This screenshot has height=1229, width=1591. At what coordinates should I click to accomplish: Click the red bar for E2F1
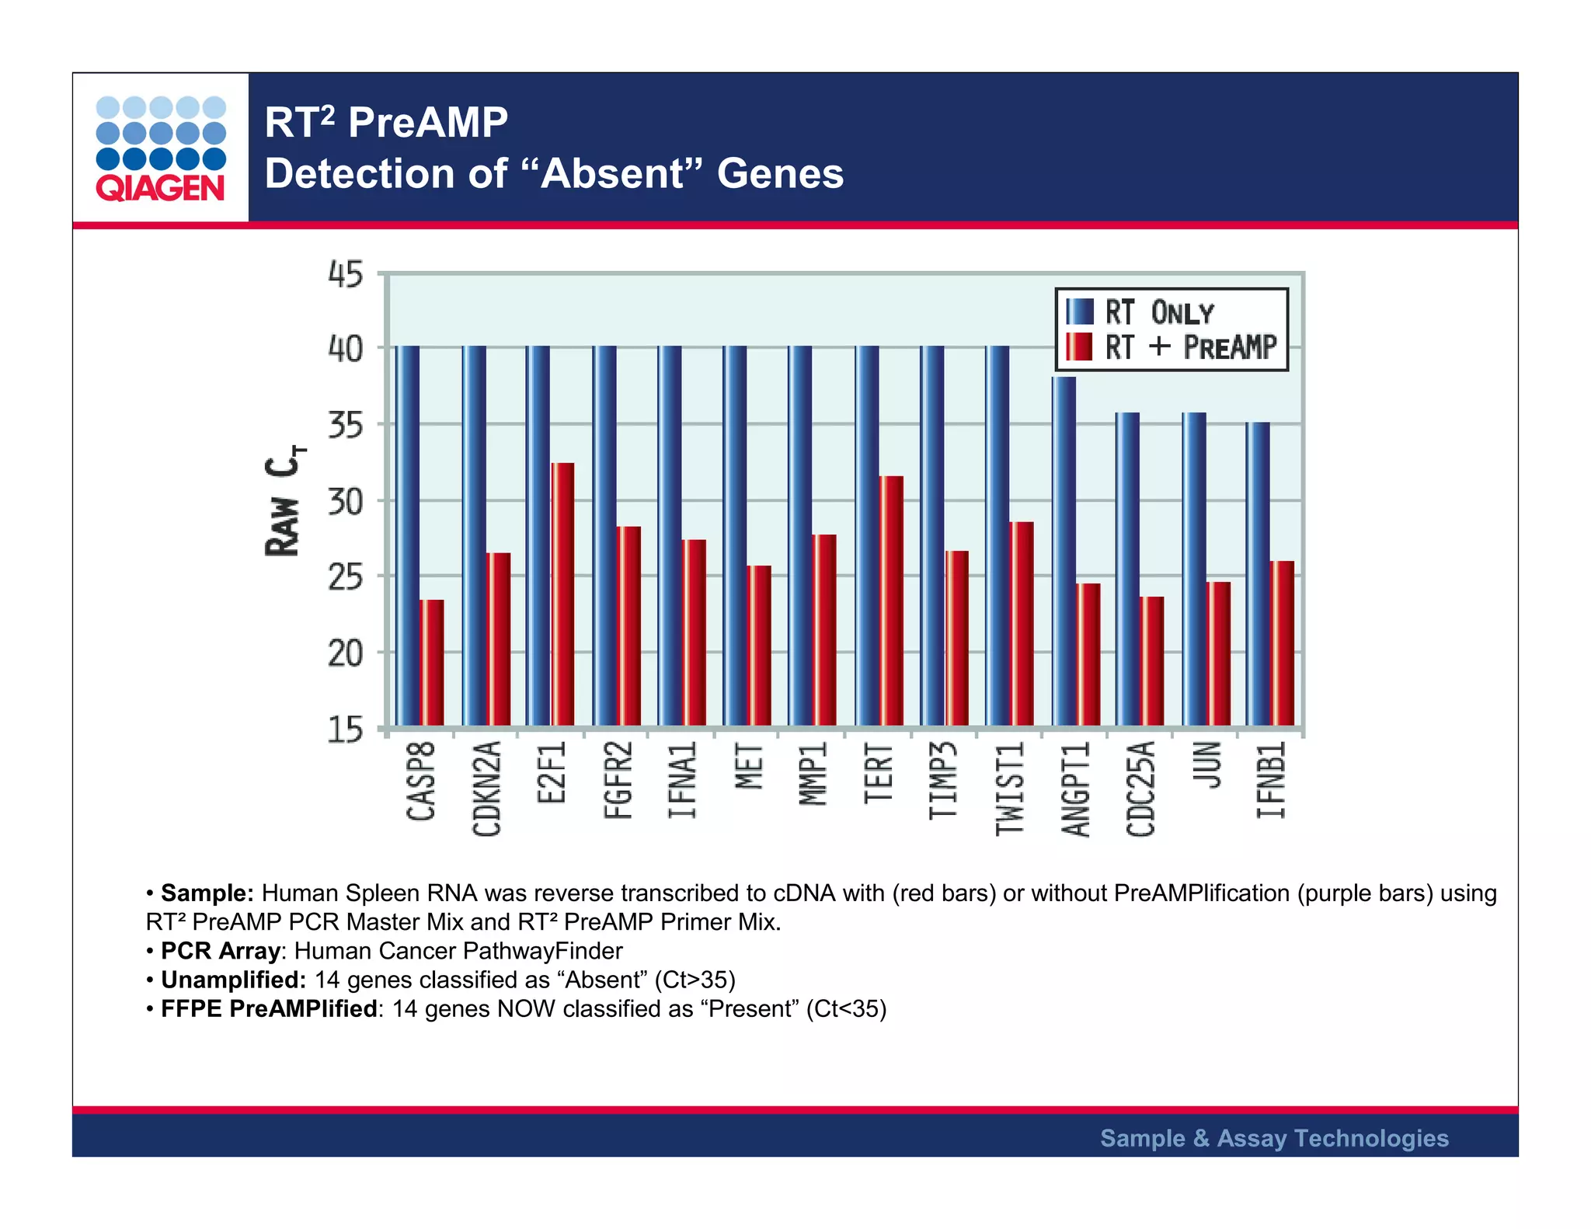(x=562, y=594)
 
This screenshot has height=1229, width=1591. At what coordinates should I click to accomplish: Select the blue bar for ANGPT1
(x=1064, y=552)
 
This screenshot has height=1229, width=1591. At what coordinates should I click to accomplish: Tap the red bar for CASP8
(x=432, y=663)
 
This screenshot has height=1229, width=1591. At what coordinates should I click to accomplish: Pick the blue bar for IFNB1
(x=1258, y=574)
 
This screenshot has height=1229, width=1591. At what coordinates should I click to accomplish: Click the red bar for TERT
(x=891, y=601)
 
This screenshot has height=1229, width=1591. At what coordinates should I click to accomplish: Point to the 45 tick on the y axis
(x=345, y=275)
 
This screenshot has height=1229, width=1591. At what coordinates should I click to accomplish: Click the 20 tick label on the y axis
(x=345, y=654)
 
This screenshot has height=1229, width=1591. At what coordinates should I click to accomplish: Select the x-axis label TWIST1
(x=1009, y=788)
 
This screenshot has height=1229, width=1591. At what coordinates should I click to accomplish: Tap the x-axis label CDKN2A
(x=487, y=788)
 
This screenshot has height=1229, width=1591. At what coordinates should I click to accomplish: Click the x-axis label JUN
(x=1206, y=765)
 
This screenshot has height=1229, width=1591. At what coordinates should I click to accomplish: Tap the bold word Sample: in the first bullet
(x=207, y=893)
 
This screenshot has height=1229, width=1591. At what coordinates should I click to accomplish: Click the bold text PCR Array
(x=220, y=951)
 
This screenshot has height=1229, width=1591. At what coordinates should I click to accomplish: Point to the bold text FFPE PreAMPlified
(x=269, y=1008)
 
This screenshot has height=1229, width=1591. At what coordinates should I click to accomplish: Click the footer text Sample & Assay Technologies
(x=1274, y=1138)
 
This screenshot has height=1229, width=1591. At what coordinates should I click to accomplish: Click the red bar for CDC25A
(x=1151, y=661)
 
